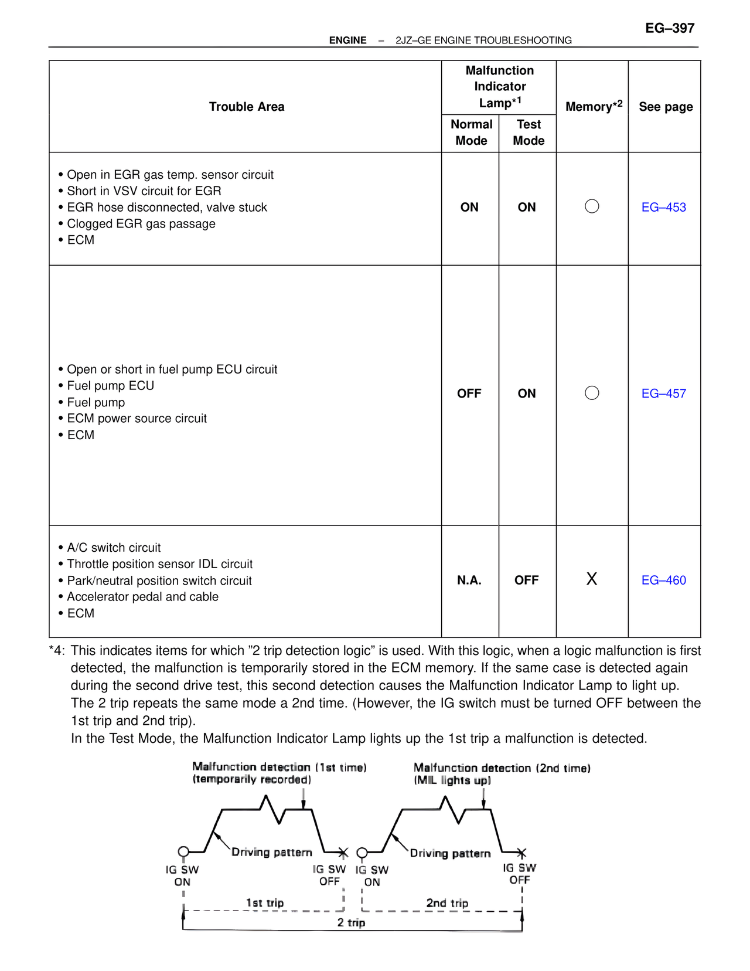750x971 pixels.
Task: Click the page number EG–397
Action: click(x=670, y=28)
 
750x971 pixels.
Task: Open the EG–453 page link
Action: click(x=663, y=207)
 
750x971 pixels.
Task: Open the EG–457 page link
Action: click(x=663, y=393)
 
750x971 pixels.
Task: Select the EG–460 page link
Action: click(x=663, y=580)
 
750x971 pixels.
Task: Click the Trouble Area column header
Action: click(x=247, y=107)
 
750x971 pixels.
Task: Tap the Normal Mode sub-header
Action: click(x=471, y=133)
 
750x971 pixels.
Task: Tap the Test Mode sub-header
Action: click(x=529, y=133)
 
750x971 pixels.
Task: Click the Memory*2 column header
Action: click(x=593, y=106)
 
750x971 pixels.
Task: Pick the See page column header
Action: click(x=666, y=107)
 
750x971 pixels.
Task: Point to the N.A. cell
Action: click(x=469, y=580)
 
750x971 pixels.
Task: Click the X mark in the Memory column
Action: click(x=592, y=579)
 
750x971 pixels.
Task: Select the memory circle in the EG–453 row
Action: click(x=592, y=206)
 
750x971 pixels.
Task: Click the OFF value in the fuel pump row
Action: click(x=469, y=393)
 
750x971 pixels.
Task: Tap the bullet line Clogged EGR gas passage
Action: click(x=141, y=223)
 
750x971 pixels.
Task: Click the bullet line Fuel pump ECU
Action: click(x=110, y=386)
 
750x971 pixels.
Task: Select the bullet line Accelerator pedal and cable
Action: click(x=142, y=597)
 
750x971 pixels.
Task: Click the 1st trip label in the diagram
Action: click(x=265, y=902)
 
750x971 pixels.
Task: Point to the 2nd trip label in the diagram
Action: click(x=447, y=903)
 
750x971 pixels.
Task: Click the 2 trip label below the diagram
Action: click(x=351, y=922)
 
